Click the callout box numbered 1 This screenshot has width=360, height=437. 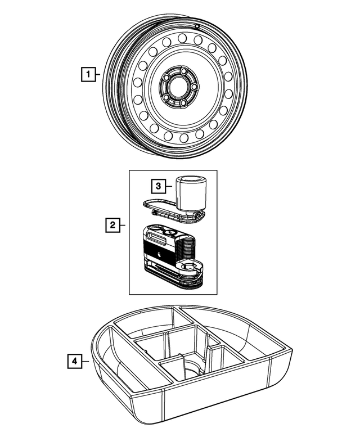click(x=87, y=73)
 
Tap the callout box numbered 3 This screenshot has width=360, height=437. click(x=159, y=185)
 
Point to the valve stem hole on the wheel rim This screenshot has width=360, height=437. click(x=197, y=26)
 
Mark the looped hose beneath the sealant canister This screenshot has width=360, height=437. click(x=169, y=210)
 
